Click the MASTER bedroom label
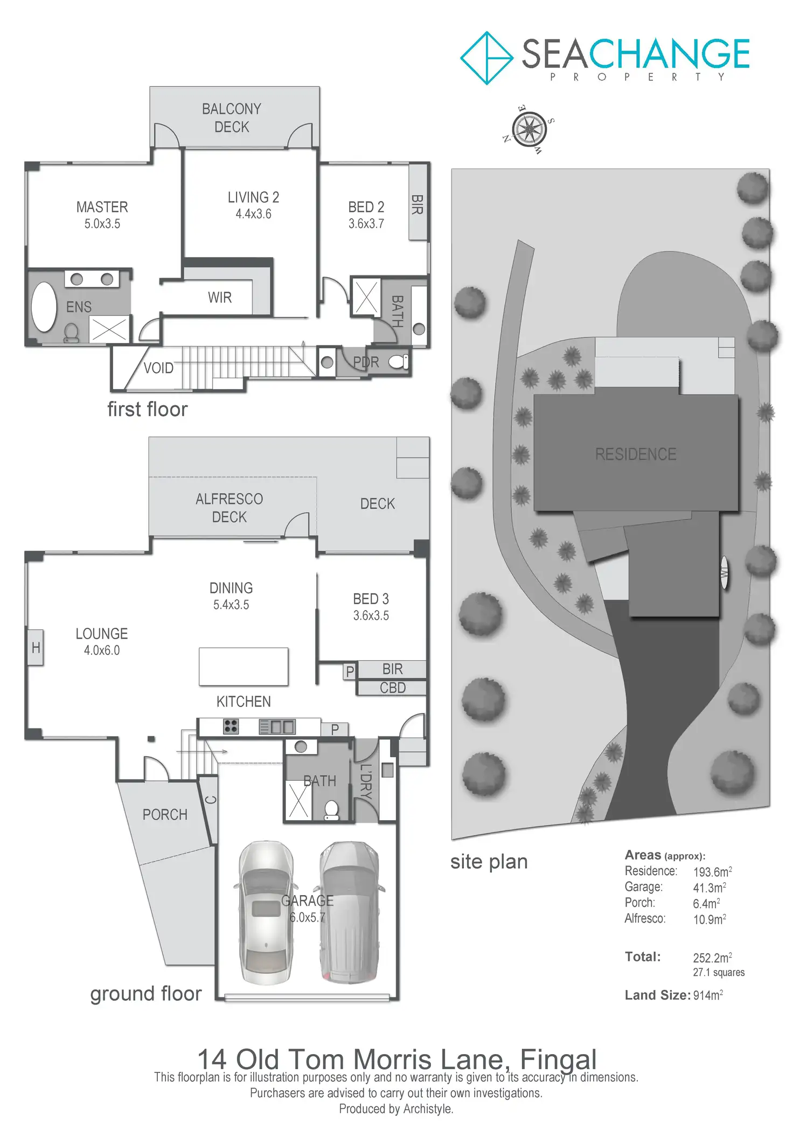click(x=102, y=207)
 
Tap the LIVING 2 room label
click(x=253, y=198)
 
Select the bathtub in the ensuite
click(x=44, y=307)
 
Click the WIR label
click(x=220, y=297)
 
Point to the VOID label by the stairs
click(x=158, y=369)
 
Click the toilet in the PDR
click(x=399, y=362)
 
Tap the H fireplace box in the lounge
click(x=36, y=647)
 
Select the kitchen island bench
click(x=244, y=667)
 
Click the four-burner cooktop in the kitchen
click(x=231, y=726)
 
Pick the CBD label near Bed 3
click(x=392, y=688)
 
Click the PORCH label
click(x=165, y=815)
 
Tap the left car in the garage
click(x=266, y=912)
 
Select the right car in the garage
click(x=349, y=912)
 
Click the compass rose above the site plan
click(x=530, y=129)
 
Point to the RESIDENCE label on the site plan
click(x=636, y=454)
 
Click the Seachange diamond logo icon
click(x=486, y=58)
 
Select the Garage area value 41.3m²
click(x=709, y=888)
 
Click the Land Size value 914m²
click(x=708, y=995)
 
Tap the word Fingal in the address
click(x=558, y=1059)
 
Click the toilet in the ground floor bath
click(x=332, y=809)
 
